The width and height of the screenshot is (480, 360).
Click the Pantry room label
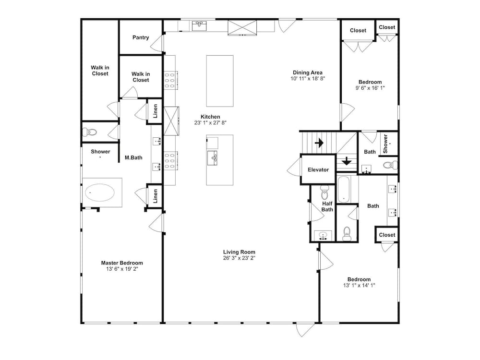[141, 37]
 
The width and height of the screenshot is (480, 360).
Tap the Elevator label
[318, 170]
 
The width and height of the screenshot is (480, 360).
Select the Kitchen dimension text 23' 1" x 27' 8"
[210, 123]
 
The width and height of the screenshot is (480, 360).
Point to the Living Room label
[239, 252]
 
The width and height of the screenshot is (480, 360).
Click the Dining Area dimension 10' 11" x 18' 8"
[308, 78]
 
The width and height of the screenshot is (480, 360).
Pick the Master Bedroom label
[122, 263]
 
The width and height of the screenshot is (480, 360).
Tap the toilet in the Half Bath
[324, 192]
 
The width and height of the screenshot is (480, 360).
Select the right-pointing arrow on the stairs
[319, 143]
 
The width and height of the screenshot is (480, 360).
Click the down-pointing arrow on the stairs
[347, 161]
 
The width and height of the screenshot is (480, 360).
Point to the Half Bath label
[327, 206]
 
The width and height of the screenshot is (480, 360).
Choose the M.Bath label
[133, 157]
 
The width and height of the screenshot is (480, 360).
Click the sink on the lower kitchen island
[213, 158]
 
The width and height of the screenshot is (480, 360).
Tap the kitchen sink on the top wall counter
[199, 26]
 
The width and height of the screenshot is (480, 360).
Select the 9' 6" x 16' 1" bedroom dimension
[370, 88]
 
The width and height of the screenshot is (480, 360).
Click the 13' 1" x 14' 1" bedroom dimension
[359, 285]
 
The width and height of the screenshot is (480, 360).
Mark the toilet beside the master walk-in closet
[89, 132]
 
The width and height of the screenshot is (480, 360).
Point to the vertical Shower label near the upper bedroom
[385, 144]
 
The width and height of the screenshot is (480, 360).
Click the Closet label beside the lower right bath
[387, 235]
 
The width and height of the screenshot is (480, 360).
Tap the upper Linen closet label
[155, 111]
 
